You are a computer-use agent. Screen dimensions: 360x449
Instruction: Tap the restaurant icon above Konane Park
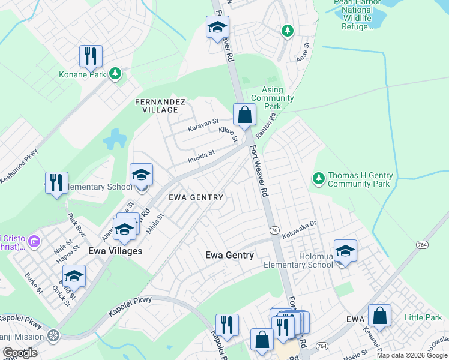pyautogui.click(x=90, y=56)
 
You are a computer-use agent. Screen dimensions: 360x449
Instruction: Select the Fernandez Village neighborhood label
pyautogui.click(x=160, y=106)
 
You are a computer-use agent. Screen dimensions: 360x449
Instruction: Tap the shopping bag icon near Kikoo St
pyautogui.click(x=244, y=115)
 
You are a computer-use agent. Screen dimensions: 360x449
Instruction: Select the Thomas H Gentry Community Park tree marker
pyautogui.click(x=317, y=178)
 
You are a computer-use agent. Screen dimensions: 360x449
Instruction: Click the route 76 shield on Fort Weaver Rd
pyautogui.click(x=274, y=230)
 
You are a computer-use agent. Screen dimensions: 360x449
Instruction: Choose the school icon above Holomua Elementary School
pyautogui.click(x=345, y=251)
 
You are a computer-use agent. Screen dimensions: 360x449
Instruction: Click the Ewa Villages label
pyautogui.click(x=115, y=251)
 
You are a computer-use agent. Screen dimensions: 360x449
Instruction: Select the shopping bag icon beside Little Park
pyautogui.click(x=379, y=315)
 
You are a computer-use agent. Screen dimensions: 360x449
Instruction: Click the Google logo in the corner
pyautogui.click(x=20, y=353)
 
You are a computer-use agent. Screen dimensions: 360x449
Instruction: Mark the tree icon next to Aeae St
pyautogui.click(x=288, y=30)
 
